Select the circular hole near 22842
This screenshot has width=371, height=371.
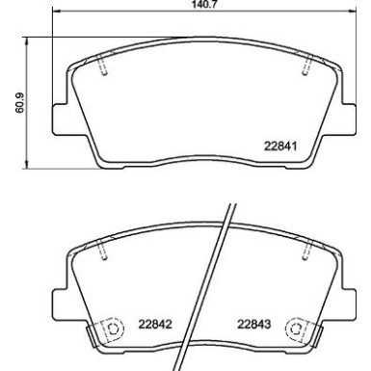113,328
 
